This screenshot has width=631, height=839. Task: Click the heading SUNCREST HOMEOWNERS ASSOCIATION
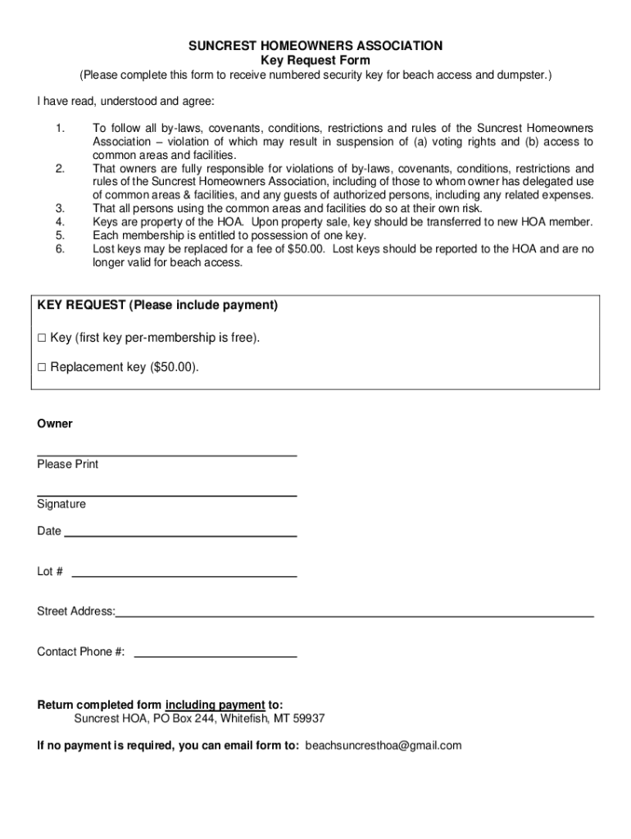315,46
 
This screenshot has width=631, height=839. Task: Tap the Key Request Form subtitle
315,61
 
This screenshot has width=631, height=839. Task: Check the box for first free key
42,338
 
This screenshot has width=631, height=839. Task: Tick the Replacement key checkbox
42,368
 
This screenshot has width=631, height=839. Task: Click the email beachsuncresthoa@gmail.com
384,746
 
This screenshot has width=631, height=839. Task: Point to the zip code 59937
308,719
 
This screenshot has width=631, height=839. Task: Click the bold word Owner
55,424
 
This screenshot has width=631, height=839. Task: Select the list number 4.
60,222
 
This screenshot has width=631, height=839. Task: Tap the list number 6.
60,248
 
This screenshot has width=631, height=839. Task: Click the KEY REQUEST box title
157,306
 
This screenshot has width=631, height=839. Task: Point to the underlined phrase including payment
215,705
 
